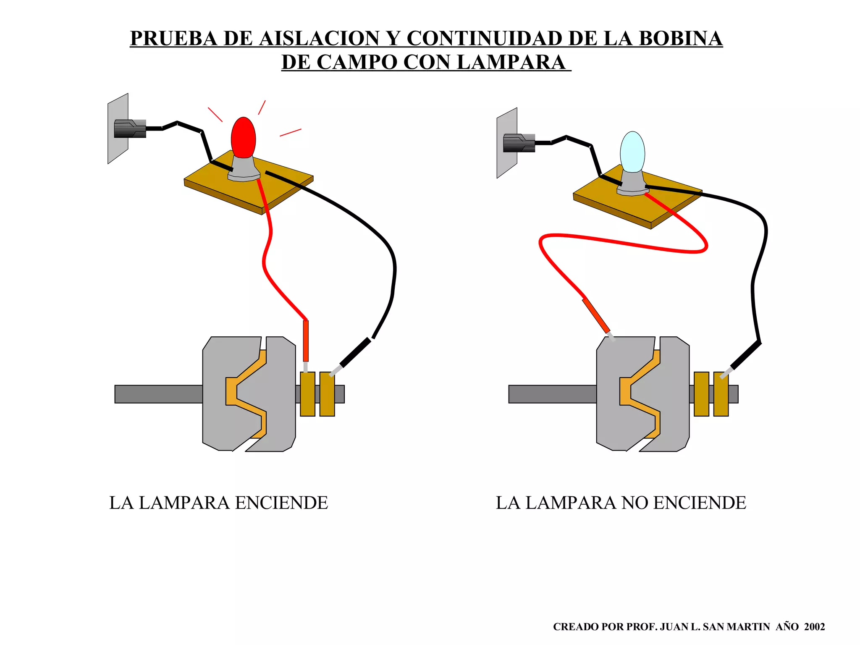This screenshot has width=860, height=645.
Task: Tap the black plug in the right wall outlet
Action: [519, 143]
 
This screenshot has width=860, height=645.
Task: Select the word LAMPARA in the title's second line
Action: [510, 63]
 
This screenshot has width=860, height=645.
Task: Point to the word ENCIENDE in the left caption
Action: [281, 503]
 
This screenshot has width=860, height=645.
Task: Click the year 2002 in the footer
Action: [814, 627]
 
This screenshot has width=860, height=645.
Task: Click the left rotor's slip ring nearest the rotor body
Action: [307, 394]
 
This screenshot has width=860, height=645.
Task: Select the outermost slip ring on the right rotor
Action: [721, 394]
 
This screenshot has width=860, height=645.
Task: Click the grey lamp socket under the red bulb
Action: [244, 169]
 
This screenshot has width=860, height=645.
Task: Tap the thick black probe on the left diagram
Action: [355, 352]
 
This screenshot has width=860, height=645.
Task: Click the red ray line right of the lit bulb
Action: [290, 133]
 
